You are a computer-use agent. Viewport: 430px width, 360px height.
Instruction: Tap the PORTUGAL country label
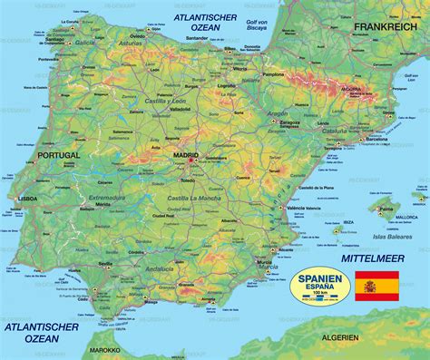(x=55, y=155)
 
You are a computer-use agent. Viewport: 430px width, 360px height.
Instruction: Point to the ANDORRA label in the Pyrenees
(x=350, y=90)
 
